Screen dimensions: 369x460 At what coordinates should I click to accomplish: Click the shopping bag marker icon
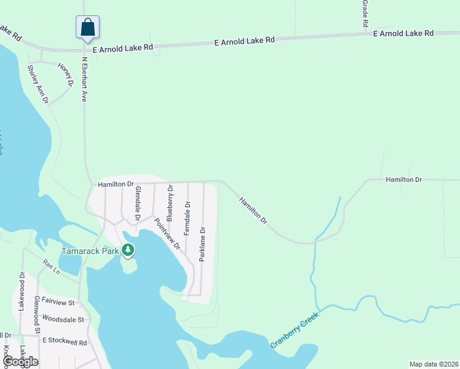(87, 27)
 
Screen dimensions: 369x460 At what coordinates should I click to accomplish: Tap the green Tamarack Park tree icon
(128, 250)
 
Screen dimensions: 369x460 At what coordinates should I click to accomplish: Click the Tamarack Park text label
(90, 251)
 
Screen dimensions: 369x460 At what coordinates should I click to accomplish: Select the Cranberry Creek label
(296, 333)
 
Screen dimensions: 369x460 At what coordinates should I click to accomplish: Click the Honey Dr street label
(65, 74)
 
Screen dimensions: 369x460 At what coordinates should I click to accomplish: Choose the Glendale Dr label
(138, 204)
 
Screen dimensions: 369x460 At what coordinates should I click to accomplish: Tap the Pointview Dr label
(167, 234)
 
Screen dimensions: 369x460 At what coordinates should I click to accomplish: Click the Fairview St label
(59, 303)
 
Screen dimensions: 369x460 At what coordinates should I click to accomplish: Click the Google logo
(20, 362)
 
